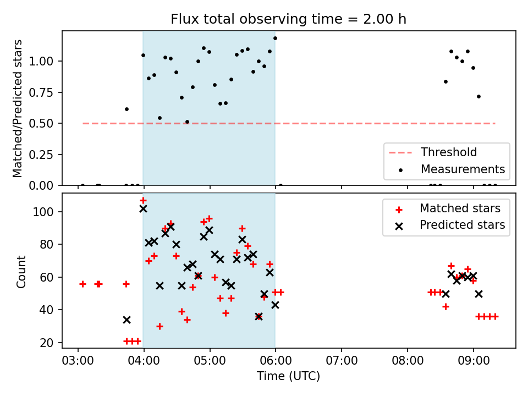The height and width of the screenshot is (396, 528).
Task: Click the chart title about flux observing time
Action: pos(288,19)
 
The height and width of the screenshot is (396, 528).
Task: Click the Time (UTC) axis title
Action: pos(288,377)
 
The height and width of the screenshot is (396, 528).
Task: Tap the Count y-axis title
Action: pos(21,271)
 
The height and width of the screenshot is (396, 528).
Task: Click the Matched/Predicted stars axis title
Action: pos(18,108)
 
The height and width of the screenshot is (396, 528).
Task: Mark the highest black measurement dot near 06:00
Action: pos(275,38)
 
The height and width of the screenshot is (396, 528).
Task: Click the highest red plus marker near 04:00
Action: pos(143,201)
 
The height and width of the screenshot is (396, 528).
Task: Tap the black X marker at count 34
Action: pos(127,320)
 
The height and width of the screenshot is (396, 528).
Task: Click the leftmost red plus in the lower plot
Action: pos(82,284)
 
